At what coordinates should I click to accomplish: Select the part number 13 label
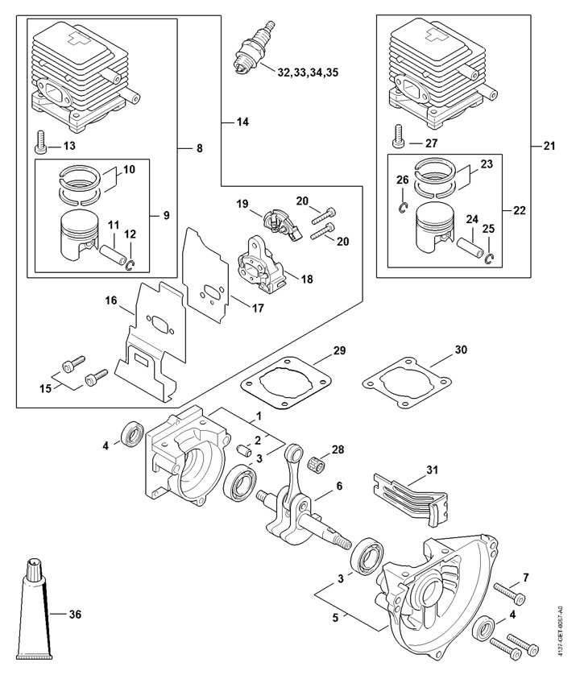[x=69, y=146]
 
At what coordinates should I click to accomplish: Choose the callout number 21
[x=549, y=146]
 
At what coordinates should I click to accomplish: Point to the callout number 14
[x=242, y=122]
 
